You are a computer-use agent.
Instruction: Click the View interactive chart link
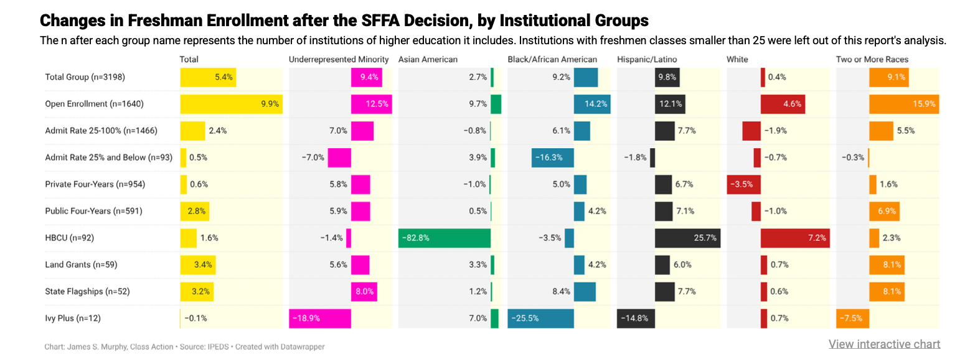[x=884, y=344]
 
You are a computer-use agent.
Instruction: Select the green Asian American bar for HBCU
[x=445, y=238]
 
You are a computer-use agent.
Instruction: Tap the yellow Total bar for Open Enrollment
[x=231, y=104]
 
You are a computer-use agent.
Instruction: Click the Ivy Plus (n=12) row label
[x=73, y=318]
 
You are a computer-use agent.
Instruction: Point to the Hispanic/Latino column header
[x=647, y=59]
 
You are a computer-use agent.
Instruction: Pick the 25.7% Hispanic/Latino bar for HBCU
[x=687, y=238]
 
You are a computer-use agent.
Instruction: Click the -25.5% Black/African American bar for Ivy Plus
[x=540, y=318]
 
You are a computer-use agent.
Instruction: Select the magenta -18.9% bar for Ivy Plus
[x=320, y=318]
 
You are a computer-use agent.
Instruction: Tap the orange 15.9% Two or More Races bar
[x=903, y=104]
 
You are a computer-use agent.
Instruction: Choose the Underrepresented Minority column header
[x=339, y=59]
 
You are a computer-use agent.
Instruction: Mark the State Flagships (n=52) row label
[x=87, y=291]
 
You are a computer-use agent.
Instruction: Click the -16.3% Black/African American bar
[x=552, y=158]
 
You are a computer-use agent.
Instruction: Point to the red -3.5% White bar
[x=743, y=184]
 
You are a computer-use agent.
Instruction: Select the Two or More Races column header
[x=872, y=59]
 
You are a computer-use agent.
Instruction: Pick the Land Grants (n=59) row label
[x=81, y=265]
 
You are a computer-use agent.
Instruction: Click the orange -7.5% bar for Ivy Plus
[x=852, y=318]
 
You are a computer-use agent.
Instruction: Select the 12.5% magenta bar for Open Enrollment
[x=372, y=104]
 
